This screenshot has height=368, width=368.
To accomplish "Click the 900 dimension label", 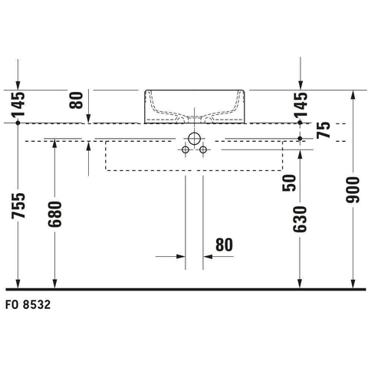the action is tap(353, 190).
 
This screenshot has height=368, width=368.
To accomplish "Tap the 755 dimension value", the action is tap(18, 205).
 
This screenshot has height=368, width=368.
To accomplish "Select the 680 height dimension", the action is tap(54, 214).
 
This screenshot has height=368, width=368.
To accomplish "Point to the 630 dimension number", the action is tap(300, 219).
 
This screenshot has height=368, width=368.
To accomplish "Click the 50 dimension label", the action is tap(289, 182).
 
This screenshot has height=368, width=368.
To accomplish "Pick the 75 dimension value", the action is tap(323, 130).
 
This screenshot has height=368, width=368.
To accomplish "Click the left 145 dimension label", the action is tap(18, 104).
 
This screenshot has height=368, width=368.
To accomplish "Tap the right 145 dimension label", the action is tap(301, 104).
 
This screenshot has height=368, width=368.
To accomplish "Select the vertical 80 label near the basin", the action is tap(77, 100).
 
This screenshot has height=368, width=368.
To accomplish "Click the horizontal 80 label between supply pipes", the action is tap(225, 245).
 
